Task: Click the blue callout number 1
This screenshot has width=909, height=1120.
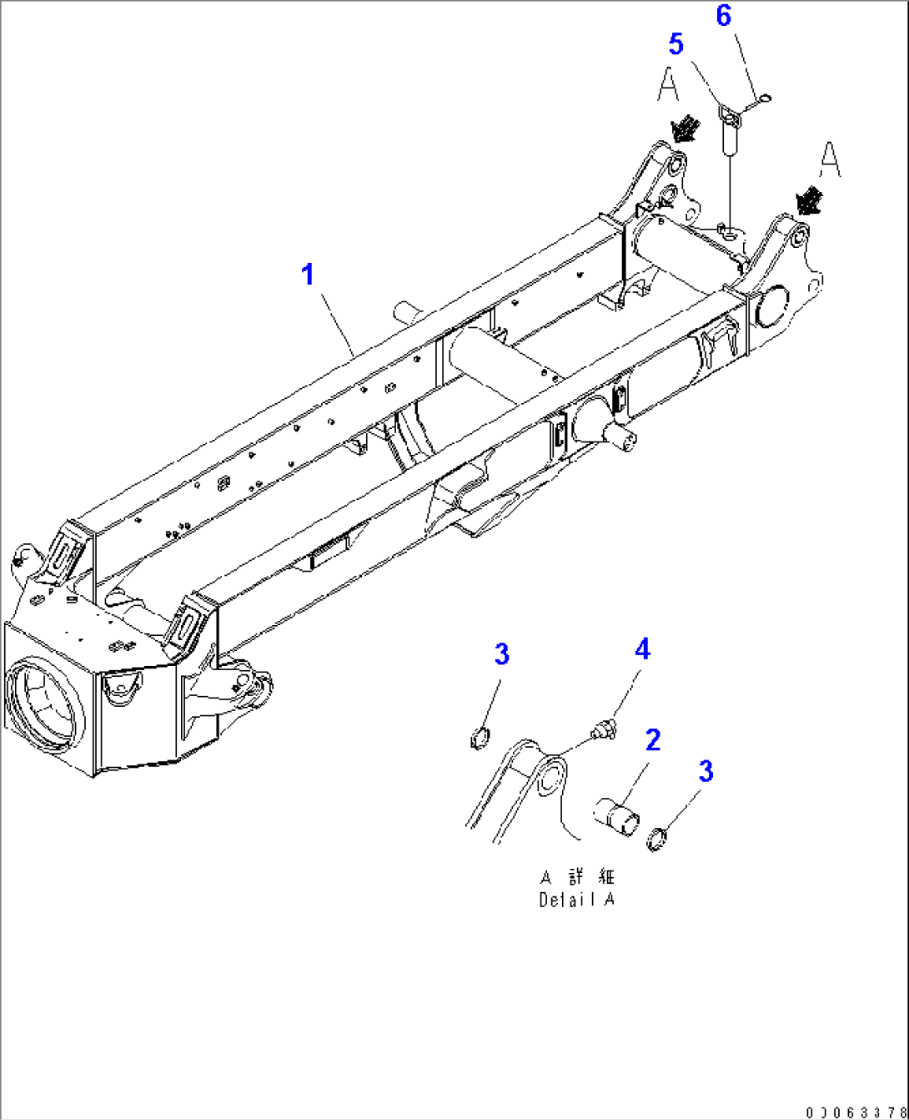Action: coord(309,274)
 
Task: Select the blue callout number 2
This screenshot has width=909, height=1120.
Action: coord(652,739)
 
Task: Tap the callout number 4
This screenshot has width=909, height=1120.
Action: coord(641,648)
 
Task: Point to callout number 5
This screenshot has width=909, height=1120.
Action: coord(675,44)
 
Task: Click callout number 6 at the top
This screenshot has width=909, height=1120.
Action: coord(723,15)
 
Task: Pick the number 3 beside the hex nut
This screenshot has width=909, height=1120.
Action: coord(501,654)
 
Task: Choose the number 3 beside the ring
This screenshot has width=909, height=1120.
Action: coord(706,771)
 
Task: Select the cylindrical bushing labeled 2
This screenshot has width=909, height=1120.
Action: coord(615,815)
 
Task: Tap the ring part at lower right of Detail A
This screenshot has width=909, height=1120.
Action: coord(658,837)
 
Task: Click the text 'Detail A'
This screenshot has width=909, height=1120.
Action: coord(576,901)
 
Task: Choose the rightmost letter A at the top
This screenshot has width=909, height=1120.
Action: coord(829,159)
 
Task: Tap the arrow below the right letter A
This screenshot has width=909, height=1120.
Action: coord(807,200)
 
